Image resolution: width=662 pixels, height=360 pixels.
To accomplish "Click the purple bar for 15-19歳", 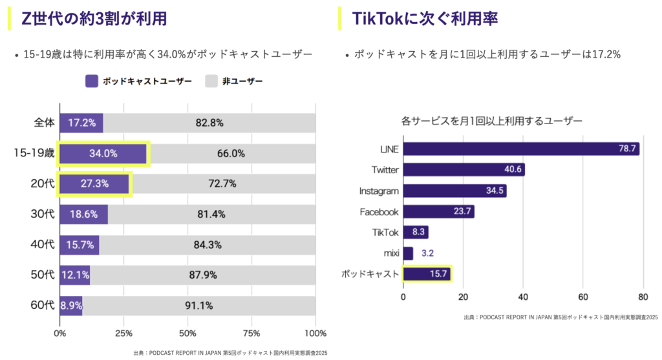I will (x=103, y=154).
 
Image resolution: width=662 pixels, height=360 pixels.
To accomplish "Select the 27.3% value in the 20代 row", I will (x=95, y=184).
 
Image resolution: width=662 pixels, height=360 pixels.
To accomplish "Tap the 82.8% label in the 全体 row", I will (x=209, y=123).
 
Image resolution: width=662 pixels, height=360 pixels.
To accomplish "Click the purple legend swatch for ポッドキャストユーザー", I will (x=92, y=81).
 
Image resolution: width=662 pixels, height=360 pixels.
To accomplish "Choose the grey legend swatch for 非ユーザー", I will (x=212, y=81).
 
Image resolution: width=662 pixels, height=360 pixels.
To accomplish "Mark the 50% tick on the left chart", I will (x=187, y=334).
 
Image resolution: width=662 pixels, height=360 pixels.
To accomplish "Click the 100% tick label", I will (x=315, y=334).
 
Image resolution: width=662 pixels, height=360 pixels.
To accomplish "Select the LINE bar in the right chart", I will (x=521, y=149).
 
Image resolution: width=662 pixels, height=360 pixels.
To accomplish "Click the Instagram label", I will (x=379, y=191).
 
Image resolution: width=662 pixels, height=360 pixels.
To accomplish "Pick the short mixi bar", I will (x=408, y=253).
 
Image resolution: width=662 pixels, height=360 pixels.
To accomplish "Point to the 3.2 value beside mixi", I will (x=428, y=253).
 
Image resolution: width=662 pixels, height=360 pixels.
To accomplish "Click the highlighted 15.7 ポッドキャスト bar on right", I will (x=427, y=274).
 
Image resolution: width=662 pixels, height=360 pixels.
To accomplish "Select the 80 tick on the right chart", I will (x=643, y=297).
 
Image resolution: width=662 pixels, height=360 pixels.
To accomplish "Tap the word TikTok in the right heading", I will (x=374, y=18).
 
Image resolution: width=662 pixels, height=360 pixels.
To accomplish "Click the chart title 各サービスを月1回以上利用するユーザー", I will (x=491, y=120).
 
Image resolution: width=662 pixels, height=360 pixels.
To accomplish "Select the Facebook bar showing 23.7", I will (x=438, y=212).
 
